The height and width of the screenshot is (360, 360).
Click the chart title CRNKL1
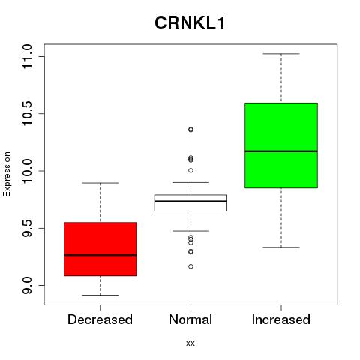pos(190,23)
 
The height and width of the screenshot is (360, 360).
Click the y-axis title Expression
pos(7,175)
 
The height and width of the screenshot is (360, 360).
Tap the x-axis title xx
pos(190,343)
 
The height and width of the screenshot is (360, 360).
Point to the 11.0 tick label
pos(27,56)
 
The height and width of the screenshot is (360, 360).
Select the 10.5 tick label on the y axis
pos(27,113)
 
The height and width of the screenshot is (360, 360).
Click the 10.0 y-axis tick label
pos(27,171)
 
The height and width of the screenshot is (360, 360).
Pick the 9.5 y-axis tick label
pos(27,228)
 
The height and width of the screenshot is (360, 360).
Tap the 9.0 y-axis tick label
pos(27,285)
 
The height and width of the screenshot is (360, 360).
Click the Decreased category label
pos(100,319)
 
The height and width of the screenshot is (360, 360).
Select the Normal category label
pos(190,319)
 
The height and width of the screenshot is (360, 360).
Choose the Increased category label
pos(281,319)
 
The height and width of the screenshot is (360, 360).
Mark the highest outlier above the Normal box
pos(190,130)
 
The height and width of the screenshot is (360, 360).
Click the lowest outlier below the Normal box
pos(190,266)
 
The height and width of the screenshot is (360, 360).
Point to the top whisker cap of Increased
pos(281,54)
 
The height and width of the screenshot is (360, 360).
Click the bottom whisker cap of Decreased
pos(100,295)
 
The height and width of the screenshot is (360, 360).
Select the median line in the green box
pos(281,151)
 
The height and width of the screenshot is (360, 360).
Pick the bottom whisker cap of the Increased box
pos(281,247)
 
